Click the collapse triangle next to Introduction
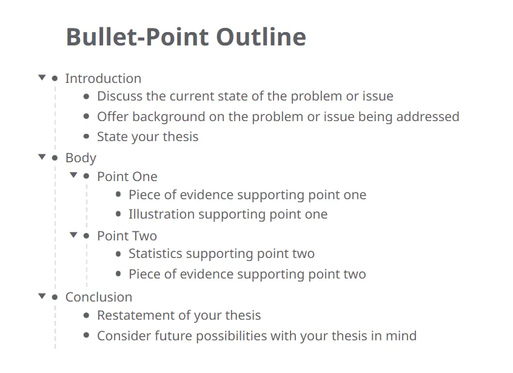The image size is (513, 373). (x=42, y=78)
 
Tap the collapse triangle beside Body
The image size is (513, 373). (x=42, y=157)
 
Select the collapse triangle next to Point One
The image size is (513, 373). (x=73, y=176)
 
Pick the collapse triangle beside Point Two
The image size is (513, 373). (x=73, y=235)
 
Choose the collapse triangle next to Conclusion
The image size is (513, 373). (x=42, y=296)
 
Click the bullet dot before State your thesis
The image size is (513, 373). (x=87, y=137)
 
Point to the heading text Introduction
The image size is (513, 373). (x=103, y=79)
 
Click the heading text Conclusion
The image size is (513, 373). (x=99, y=297)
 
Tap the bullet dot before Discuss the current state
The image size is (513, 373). (x=87, y=96)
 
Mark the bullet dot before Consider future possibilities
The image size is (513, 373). (x=87, y=335)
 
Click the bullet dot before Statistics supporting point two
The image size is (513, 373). (x=118, y=254)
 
